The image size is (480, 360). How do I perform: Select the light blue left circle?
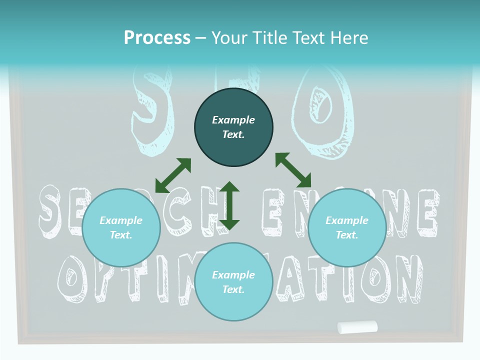[121, 227]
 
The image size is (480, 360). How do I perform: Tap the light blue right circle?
[347, 227]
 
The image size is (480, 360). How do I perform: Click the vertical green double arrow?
[229, 205]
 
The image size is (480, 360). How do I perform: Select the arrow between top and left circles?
[173, 175]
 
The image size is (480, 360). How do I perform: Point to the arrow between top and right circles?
[293, 170]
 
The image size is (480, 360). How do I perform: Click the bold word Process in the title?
[157, 37]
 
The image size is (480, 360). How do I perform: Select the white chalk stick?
[357, 327]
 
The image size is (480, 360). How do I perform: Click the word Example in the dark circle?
[233, 120]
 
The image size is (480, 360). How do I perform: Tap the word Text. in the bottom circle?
[233, 289]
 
